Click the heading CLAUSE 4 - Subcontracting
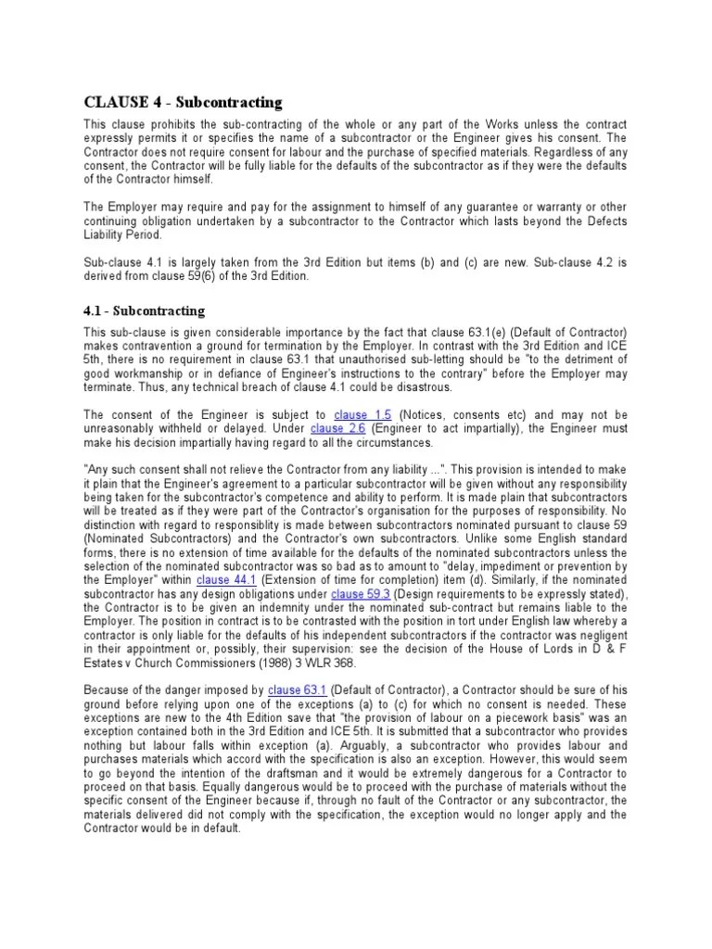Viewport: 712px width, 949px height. point(183,101)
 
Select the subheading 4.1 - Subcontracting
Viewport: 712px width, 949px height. point(144,310)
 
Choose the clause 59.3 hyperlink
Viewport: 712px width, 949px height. point(361,593)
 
